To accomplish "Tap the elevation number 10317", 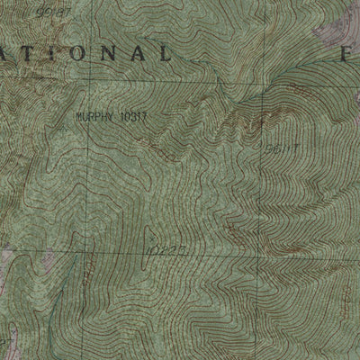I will [x=132, y=116].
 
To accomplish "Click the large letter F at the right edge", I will [x=346, y=53].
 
